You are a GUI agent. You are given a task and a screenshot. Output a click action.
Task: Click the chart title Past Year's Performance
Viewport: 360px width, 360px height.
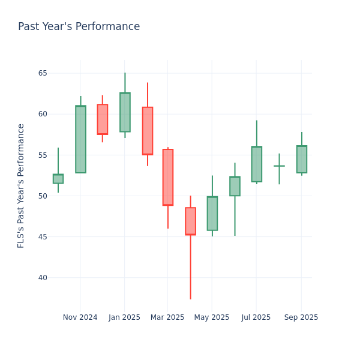click(79, 27)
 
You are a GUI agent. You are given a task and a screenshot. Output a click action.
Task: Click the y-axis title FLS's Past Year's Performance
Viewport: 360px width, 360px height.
click(21, 185)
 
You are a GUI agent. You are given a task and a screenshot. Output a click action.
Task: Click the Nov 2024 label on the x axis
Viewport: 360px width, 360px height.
click(80, 317)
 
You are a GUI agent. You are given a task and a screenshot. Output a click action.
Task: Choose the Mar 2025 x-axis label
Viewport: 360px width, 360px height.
click(167, 317)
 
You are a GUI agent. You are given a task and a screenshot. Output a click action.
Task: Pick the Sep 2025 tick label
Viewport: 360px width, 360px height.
click(301, 317)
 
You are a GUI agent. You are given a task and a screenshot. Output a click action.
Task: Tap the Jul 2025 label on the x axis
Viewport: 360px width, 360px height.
click(256, 317)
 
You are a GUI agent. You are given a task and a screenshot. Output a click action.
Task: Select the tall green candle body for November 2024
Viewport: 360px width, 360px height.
click(80, 139)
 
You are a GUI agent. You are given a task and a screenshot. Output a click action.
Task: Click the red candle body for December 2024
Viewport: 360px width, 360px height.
click(103, 119)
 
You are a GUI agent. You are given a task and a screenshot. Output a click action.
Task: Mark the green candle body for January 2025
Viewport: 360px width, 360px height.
click(125, 112)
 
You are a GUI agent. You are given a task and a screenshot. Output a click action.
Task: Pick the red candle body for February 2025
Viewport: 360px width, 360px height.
click(147, 131)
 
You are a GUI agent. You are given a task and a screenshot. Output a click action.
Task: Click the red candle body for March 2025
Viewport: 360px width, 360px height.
click(167, 177)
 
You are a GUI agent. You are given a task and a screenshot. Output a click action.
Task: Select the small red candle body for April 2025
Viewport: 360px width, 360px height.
click(190, 221)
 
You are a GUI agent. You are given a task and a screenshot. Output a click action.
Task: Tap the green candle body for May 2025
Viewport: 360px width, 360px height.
click(212, 214)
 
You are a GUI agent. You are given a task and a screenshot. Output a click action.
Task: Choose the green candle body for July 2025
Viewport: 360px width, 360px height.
click(256, 164)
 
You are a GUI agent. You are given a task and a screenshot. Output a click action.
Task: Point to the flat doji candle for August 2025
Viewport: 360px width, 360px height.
click(279, 166)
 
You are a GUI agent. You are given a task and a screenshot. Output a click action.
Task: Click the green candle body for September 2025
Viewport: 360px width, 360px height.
click(301, 160)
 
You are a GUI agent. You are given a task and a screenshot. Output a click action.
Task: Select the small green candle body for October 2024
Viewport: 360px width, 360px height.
click(58, 179)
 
